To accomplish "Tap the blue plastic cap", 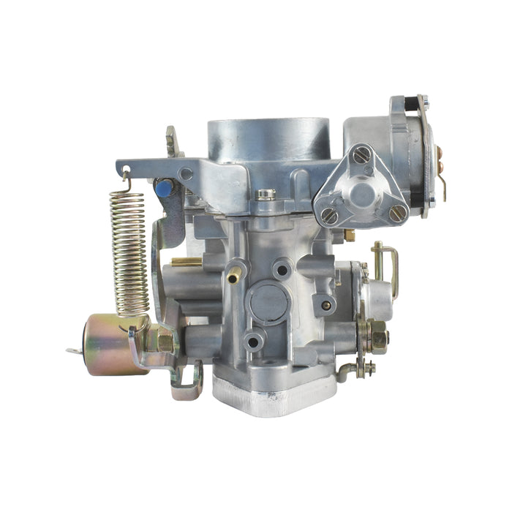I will pos(163,189).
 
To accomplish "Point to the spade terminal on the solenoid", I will pos(73,352).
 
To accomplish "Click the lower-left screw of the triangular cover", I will pos(328,215).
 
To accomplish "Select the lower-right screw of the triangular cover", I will pos(397,213).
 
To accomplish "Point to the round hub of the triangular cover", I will pos(362,192).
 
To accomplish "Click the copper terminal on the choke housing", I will pos(440,154).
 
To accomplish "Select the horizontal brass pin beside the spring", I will pos(187,261).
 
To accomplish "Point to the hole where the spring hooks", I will pos(126,173).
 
